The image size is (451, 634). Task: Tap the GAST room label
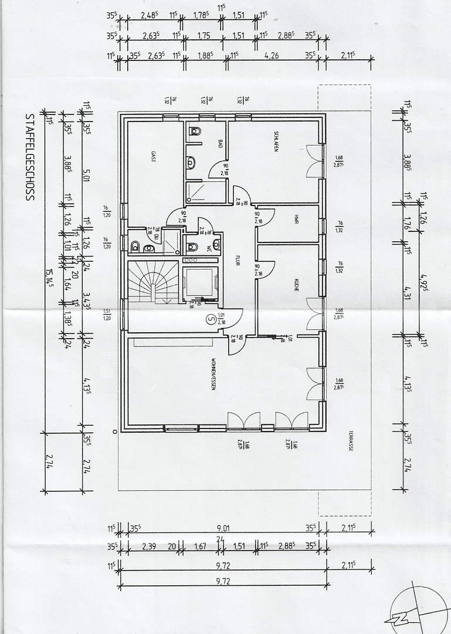153,157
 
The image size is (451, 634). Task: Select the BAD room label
221,143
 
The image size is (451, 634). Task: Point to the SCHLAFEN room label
274,141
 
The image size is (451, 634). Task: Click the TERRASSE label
350,437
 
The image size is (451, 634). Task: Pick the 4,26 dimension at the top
271,56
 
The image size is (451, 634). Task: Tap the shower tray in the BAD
205,192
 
